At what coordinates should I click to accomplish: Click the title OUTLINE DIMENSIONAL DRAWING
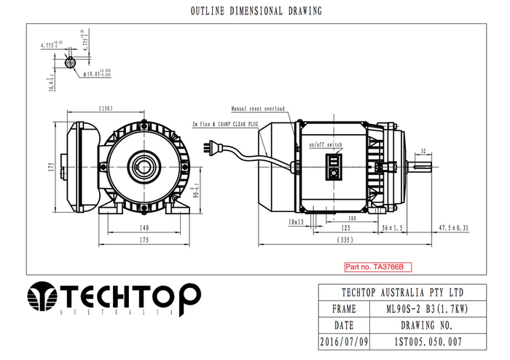pyautogui.click(x=255, y=12)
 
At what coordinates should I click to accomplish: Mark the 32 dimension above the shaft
pyautogui.click(x=423, y=151)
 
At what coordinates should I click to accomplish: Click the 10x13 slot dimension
pyautogui.click(x=296, y=221)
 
